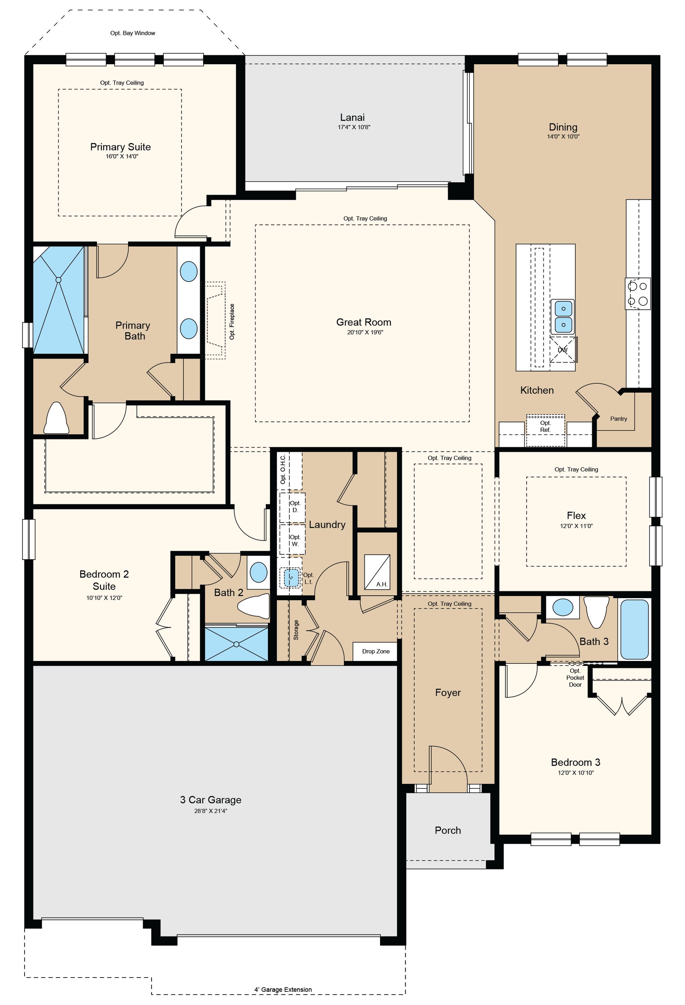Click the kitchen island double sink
click(x=563, y=317)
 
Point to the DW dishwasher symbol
click(x=563, y=349)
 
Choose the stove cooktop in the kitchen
click(x=638, y=293)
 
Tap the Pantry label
click(x=618, y=419)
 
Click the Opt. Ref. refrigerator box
click(x=546, y=430)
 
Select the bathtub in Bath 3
click(x=634, y=630)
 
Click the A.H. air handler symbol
click(x=377, y=572)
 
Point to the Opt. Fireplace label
click(x=232, y=321)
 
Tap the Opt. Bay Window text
click(x=133, y=33)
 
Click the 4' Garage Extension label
click(x=283, y=989)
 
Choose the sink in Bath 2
click(x=258, y=572)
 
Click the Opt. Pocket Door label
click(x=575, y=678)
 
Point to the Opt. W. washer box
click(x=293, y=540)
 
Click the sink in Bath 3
click(x=563, y=607)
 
